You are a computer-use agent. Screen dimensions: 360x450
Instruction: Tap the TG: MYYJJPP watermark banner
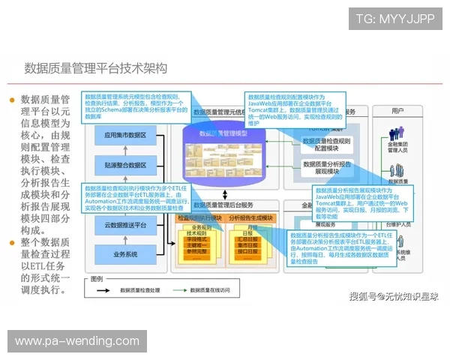(395, 19)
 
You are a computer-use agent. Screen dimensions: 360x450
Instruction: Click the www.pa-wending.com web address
(77, 341)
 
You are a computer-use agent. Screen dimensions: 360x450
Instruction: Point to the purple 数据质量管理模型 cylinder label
(223, 133)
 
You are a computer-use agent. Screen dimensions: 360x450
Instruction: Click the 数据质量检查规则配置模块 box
(326, 144)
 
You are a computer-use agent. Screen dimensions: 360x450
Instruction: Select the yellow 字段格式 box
(199, 238)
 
